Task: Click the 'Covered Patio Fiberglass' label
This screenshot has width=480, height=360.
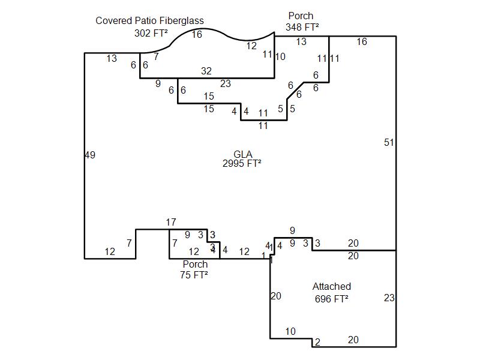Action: point(149,21)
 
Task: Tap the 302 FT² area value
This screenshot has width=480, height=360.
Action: point(151,34)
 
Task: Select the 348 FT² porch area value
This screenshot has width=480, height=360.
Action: point(302,28)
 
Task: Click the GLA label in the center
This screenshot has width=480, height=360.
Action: point(242,154)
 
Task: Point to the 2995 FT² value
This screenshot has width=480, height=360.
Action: point(242,163)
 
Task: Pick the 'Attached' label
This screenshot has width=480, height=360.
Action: point(331,287)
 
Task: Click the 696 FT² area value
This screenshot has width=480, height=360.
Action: point(331,299)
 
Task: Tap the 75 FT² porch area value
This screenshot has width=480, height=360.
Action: point(194,275)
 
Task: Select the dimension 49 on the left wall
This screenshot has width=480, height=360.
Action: point(90,155)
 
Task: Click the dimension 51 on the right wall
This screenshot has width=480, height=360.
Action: point(389,143)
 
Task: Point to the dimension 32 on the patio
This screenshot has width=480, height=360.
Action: point(206,71)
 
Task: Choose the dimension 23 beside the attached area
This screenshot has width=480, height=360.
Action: point(389,298)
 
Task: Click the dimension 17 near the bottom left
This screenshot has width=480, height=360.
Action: point(171,223)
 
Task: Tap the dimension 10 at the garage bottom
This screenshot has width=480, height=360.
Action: point(290,332)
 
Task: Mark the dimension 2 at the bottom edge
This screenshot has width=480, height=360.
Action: point(317,343)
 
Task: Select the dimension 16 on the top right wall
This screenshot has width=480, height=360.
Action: point(361,42)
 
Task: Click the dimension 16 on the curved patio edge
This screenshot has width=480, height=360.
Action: point(197,35)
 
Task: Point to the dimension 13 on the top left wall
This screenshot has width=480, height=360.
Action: point(112,59)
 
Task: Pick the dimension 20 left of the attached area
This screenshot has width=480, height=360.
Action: point(275,296)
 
